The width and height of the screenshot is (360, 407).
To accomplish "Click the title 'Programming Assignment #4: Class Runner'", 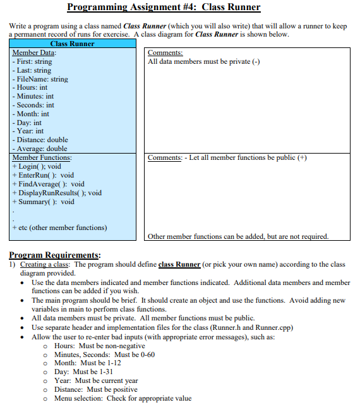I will point(163,8).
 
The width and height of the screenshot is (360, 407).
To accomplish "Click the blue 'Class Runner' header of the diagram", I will point(72,44).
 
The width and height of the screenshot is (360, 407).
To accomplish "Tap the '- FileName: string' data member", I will point(40,79).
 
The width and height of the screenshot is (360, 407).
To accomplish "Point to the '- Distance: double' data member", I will point(40,140).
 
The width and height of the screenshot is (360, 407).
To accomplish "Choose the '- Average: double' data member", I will point(39,149).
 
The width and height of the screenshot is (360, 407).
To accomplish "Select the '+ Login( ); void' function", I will point(37,166).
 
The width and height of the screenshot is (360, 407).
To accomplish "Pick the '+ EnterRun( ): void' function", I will point(43,175).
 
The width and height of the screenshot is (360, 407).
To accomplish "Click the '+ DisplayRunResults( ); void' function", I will point(57,193).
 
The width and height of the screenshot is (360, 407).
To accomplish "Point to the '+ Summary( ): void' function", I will point(43,202).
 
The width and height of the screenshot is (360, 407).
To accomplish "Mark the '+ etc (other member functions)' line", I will point(59,228).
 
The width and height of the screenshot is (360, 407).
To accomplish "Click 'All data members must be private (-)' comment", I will point(203,61).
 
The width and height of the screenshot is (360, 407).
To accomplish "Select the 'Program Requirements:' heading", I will point(56,255).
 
